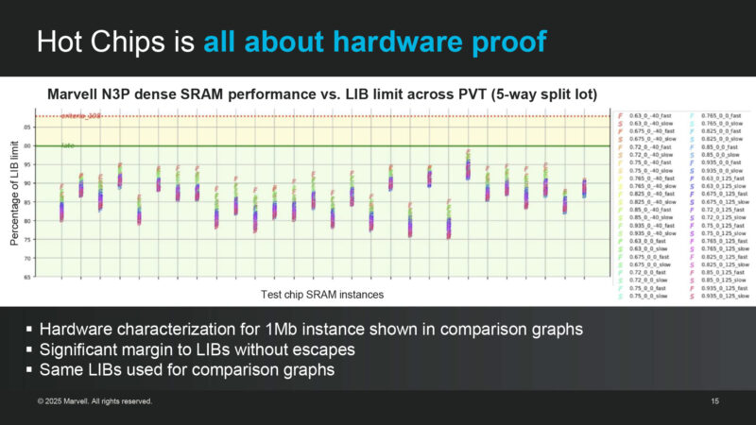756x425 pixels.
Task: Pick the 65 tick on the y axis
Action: tap(27, 278)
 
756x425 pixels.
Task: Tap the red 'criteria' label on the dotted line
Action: tap(79, 115)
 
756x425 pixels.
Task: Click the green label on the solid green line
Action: tap(67, 145)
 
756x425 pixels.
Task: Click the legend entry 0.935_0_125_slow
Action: tap(727, 296)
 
